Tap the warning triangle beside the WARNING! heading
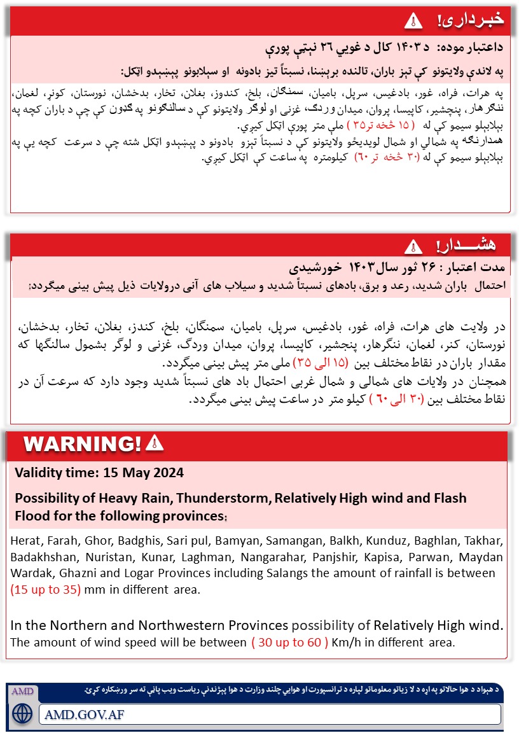[155, 443]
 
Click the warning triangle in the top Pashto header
[413, 20]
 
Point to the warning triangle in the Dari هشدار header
[413, 246]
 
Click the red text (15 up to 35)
[46, 589]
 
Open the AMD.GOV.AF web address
[85, 713]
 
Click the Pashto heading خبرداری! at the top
[471, 20]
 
